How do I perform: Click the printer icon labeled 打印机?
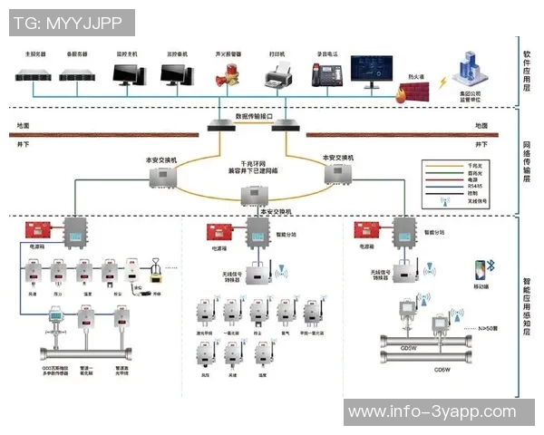pos(277,76)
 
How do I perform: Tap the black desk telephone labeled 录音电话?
pos(325,76)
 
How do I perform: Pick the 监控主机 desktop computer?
pos(126,75)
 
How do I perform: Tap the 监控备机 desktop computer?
pos(176,75)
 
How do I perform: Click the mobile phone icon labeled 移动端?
pos(480,271)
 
